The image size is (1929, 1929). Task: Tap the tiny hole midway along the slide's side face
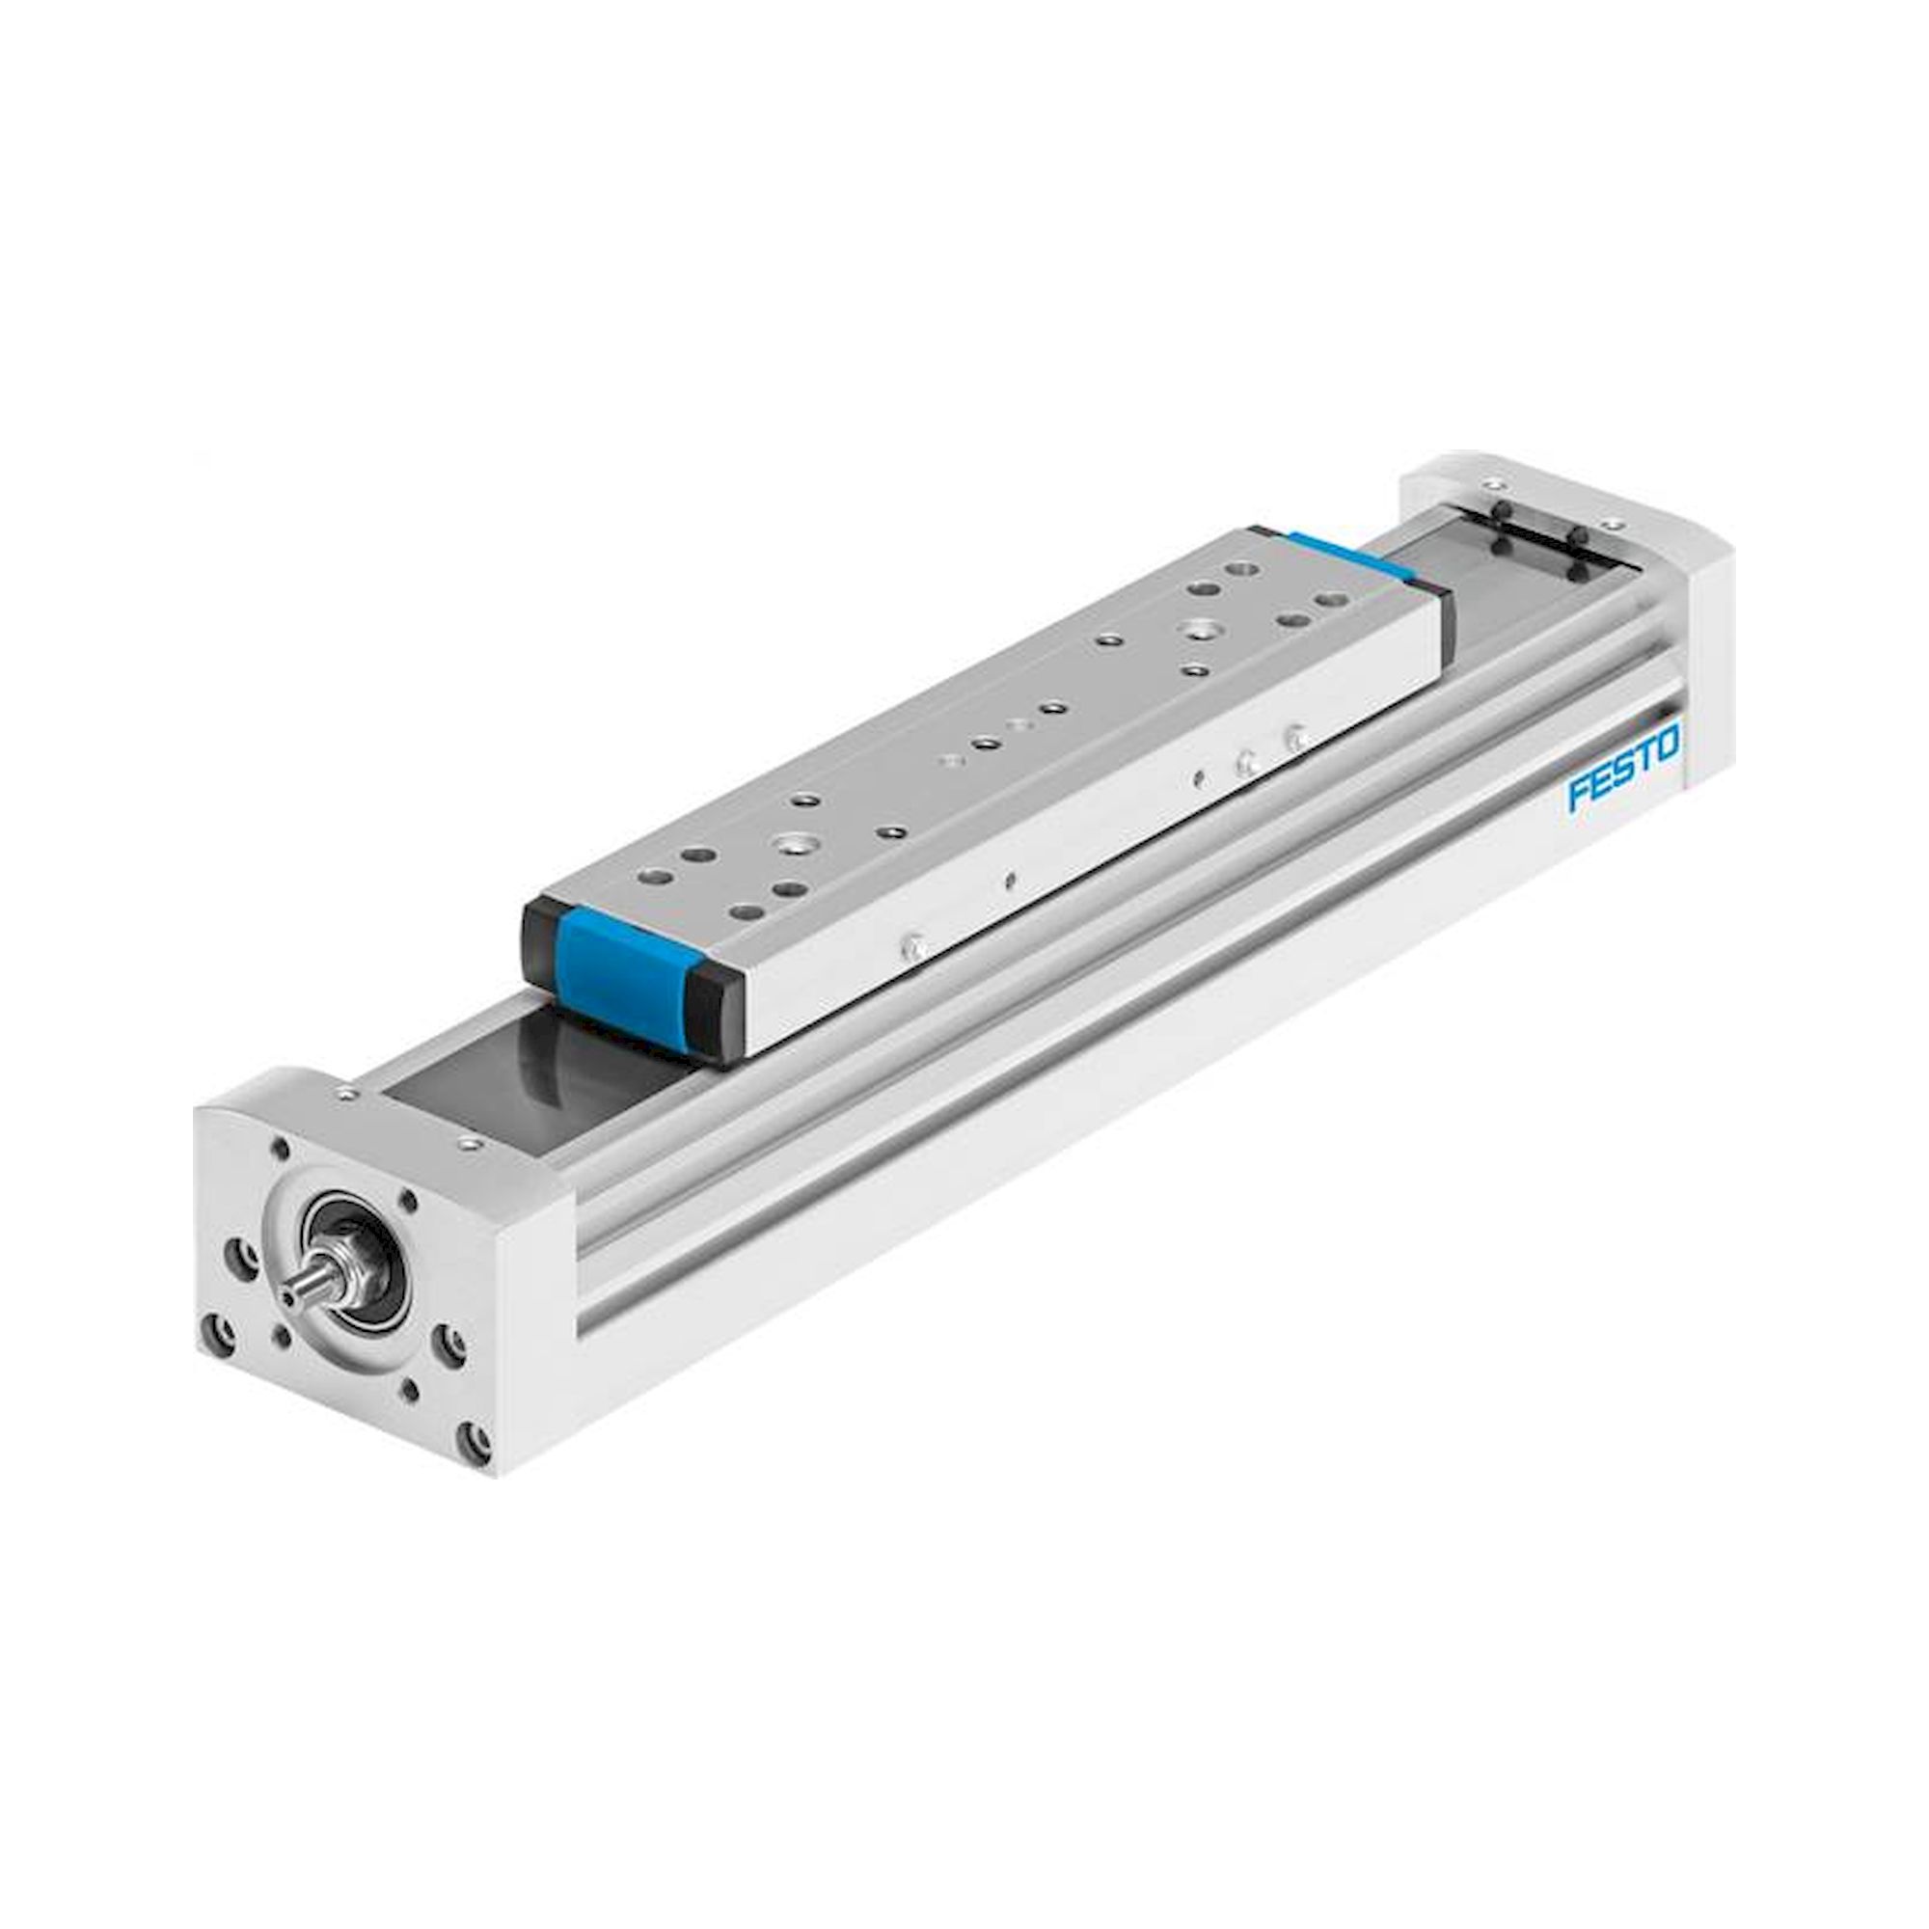click(1012, 881)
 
